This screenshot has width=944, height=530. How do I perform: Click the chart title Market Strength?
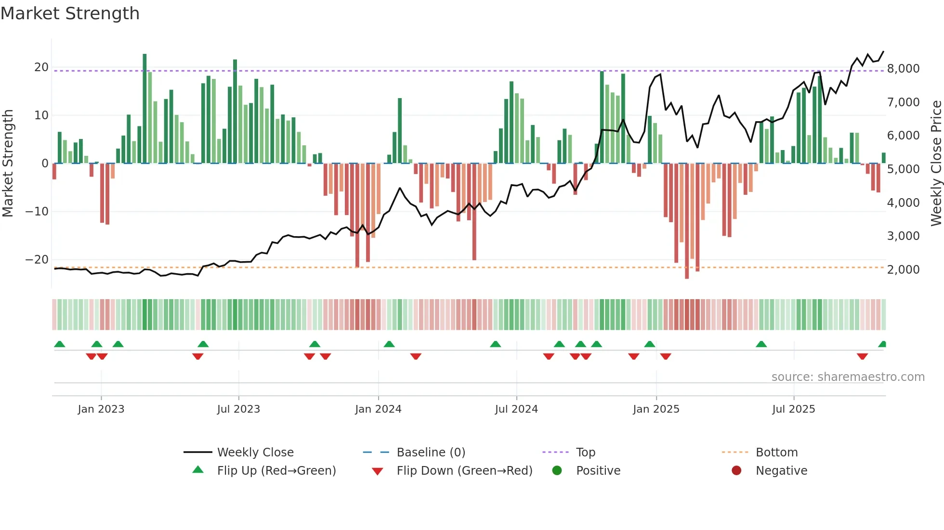click(70, 13)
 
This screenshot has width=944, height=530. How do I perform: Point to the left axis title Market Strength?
click(8, 163)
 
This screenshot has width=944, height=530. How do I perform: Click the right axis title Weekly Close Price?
click(936, 163)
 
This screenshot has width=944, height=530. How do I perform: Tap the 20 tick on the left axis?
click(41, 67)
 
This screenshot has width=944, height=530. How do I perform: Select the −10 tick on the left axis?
click(37, 211)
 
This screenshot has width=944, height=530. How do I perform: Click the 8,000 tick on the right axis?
click(903, 69)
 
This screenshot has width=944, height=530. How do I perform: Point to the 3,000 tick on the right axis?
click(903, 236)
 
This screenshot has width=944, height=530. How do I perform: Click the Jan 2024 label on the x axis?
click(378, 409)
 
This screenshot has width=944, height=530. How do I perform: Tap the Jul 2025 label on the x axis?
click(793, 409)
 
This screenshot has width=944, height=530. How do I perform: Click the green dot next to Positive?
click(557, 470)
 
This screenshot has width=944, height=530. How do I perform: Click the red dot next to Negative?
click(736, 470)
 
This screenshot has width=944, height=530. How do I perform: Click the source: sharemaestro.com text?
click(848, 377)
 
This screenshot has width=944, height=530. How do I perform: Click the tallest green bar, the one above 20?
click(144, 108)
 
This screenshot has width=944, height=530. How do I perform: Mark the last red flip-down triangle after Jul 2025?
click(862, 356)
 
